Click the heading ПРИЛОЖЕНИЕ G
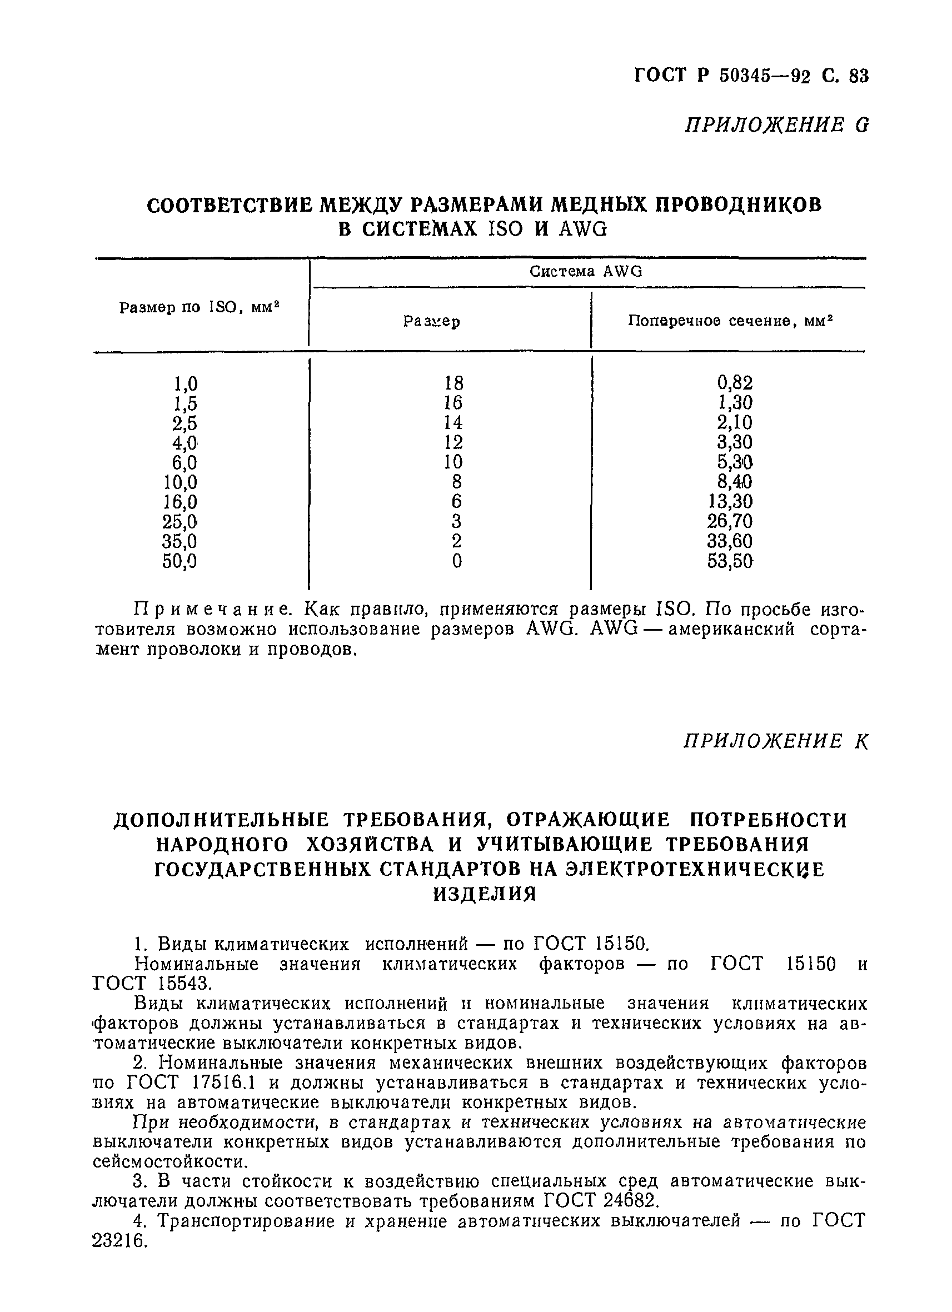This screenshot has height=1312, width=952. tap(776, 125)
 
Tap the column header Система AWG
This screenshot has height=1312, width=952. tap(586, 272)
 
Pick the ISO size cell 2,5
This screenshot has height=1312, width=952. tap(185, 423)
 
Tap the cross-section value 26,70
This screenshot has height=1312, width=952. tap(730, 521)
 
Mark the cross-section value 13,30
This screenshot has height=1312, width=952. tap(730, 501)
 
